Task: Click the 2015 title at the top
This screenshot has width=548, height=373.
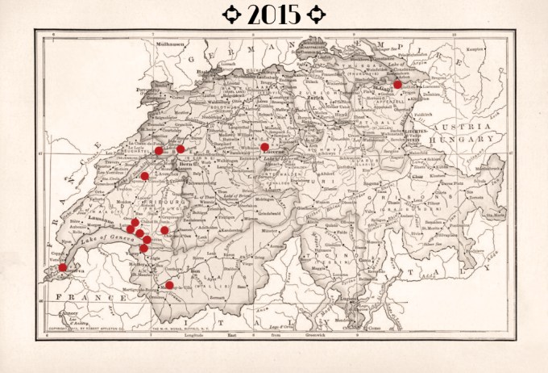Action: click(x=274, y=14)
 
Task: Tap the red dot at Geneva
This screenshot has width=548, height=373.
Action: click(x=63, y=267)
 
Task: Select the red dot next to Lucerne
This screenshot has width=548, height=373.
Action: click(x=264, y=147)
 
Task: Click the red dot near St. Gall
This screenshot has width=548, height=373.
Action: click(x=397, y=84)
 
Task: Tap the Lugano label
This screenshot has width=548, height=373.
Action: click(x=348, y=297)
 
